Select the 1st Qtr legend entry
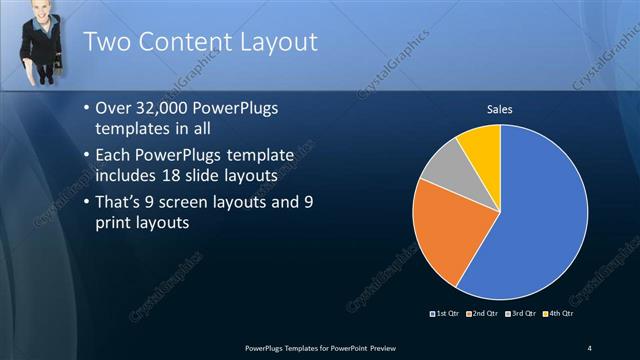(444, 316)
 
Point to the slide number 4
(590, 347)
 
